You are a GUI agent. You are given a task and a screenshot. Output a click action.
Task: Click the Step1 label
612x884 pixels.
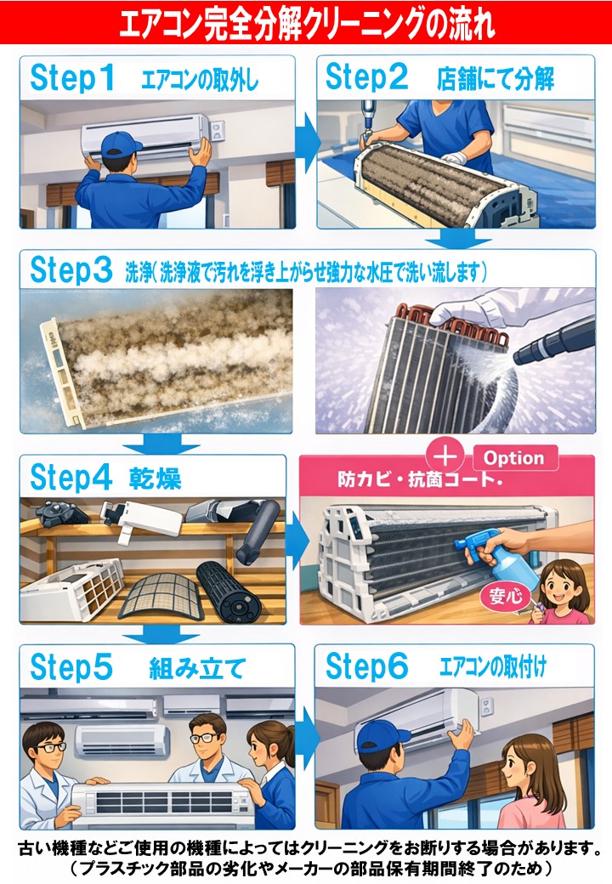72,78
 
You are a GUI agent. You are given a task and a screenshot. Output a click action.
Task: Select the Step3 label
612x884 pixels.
71,270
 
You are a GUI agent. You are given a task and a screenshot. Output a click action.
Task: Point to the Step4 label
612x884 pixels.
71,478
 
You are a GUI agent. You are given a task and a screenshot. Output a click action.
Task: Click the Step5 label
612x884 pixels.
71,667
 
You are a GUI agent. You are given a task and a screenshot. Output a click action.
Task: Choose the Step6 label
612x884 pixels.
367,666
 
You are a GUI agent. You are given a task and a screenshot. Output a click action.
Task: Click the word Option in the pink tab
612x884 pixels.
514,458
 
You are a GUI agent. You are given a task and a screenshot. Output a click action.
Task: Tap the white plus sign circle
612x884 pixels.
445,455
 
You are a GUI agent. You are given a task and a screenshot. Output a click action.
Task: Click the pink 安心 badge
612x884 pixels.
506,596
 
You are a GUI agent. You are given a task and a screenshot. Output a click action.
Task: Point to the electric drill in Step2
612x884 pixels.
368,122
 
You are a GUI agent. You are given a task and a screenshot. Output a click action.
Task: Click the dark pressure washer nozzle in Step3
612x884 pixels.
554,343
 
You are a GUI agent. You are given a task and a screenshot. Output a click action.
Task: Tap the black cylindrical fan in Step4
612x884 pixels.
229,590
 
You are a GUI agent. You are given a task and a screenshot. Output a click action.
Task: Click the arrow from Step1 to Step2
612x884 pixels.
306,142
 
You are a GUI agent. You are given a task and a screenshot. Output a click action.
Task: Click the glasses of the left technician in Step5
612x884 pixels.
50,747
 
